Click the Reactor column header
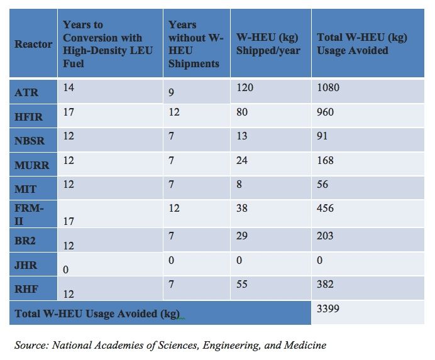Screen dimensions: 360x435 click(33, 45)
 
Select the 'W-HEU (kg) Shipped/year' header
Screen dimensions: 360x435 click(268, 45)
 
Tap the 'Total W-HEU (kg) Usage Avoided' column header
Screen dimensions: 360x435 click(362, 45)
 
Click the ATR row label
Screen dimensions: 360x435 click(26, 93)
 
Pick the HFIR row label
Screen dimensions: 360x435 click(29, 117)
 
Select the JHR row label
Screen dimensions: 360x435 click(26, 266)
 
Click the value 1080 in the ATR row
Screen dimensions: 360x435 click(328, 88)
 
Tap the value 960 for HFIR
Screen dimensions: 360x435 click(326, 112)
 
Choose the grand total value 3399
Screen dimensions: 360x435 click(328, 309)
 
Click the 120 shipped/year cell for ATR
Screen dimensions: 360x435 click(245, 88)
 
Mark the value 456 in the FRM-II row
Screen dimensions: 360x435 click(326, 208)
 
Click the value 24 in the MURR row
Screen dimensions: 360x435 click(242, 160)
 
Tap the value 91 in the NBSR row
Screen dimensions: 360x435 click(322, 136)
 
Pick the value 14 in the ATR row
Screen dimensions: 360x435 click(69, 88)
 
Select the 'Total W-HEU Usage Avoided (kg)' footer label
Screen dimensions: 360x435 click(97, 314)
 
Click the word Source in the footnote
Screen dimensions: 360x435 click(31, 345)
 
